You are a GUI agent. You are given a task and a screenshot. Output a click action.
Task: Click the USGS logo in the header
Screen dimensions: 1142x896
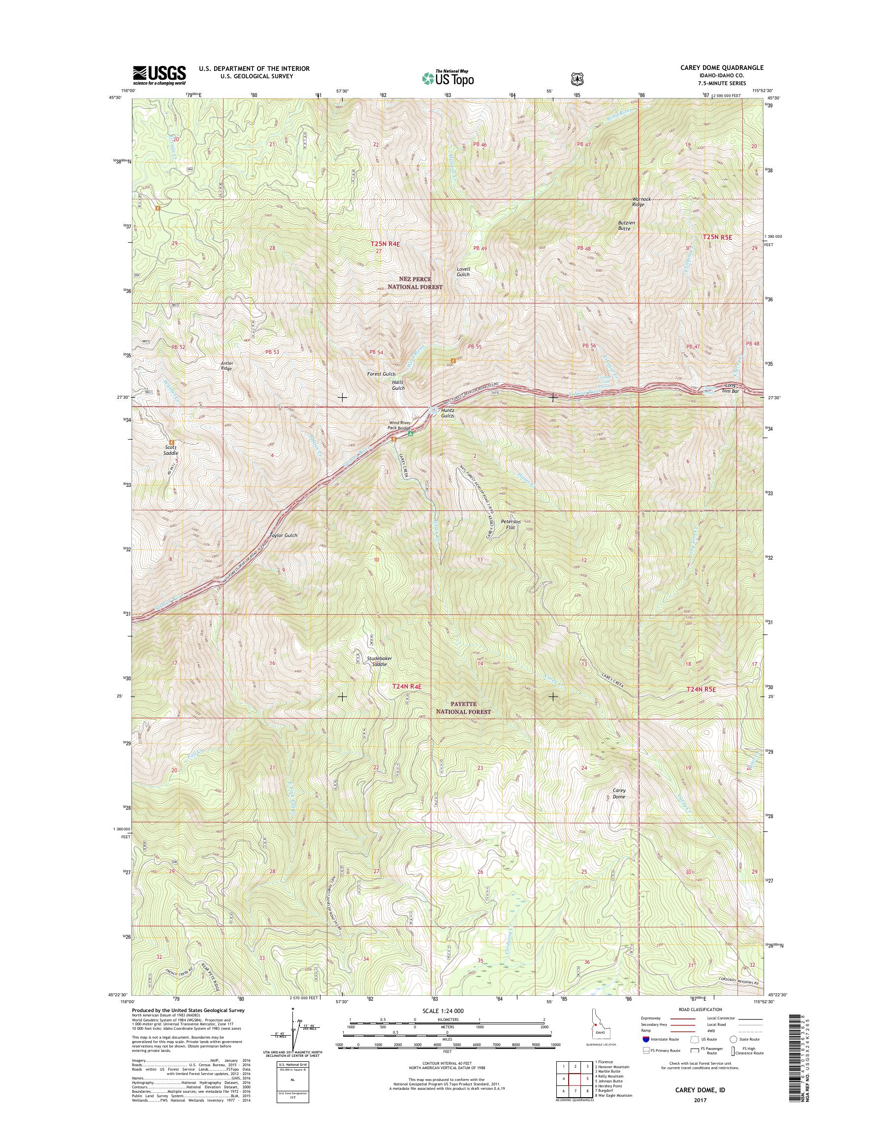pos(159,75)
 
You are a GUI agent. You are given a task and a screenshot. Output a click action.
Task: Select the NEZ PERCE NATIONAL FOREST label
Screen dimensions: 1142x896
pos(415,284)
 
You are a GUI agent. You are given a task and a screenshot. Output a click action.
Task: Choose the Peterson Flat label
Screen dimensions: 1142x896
pos(511,525)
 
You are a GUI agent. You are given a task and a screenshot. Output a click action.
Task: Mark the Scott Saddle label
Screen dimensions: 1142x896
pos(170,450)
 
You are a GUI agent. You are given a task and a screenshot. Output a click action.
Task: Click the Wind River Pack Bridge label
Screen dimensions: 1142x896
pos(399,425)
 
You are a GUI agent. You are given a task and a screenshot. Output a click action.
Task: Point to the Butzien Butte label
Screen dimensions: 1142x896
pos(626,225)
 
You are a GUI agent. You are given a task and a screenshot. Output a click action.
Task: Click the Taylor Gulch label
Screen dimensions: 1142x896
pos(283,535)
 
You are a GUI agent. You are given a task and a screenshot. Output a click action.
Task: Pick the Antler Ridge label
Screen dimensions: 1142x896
pos(226,366)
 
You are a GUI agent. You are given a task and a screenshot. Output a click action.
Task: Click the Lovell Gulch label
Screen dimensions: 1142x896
pos(463,271)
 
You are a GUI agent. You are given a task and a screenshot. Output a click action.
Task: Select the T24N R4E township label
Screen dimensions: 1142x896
pos(407,686)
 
